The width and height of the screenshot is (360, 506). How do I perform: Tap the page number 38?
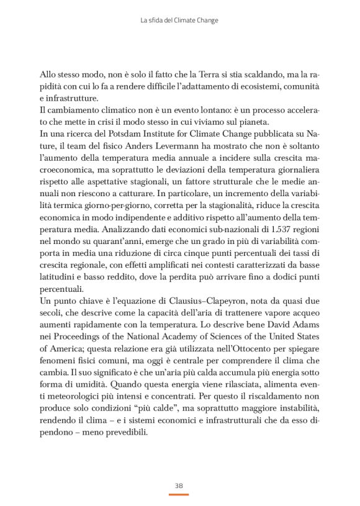click(x=179, y=485)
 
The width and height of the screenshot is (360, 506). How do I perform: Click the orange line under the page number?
click(x=179, y=494)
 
